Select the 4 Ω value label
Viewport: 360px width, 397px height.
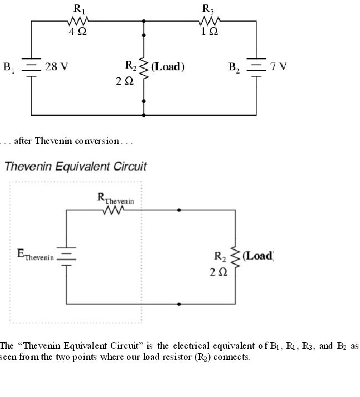coord(77,32)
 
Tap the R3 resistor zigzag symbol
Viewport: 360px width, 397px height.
coord(210,21)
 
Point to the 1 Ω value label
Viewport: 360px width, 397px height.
coord(209,32)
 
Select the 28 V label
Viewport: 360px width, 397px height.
coord(57,67)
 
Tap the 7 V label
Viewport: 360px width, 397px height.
coord(279,67)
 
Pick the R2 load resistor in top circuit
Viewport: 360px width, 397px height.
coord(144,68)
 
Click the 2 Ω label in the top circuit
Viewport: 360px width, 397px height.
coord(125,82)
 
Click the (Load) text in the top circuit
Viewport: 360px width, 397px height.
coord(168,67)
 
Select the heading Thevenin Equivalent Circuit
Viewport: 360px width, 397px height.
coord(76,166)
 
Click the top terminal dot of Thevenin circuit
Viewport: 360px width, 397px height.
coord(178,210)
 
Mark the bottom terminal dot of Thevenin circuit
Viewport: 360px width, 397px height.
coord(178,304)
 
